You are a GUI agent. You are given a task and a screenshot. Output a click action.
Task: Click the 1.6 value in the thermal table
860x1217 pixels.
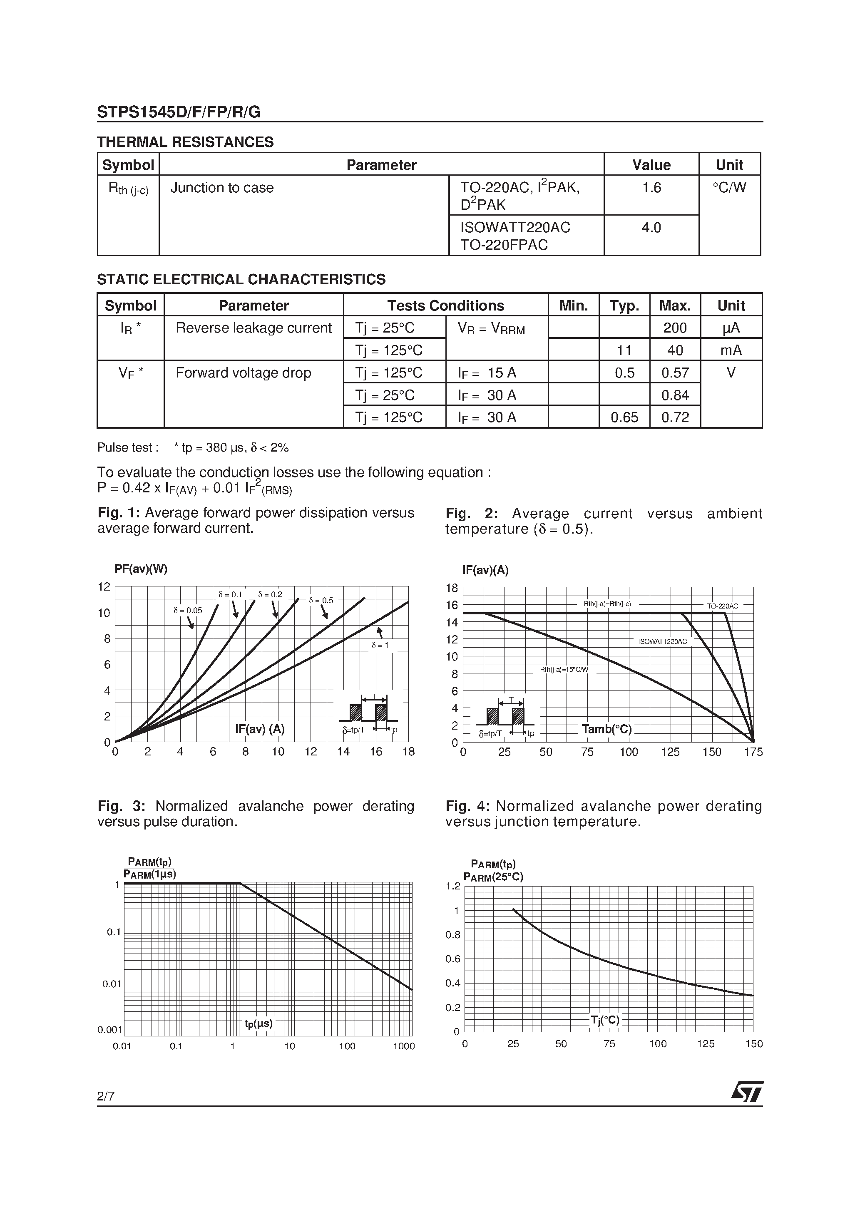[x=651, y=188]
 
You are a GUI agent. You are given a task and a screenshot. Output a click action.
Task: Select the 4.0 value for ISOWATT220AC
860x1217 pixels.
[x=651, y=228]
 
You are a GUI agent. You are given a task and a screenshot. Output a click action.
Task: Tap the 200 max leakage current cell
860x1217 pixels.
[x=675, y=328]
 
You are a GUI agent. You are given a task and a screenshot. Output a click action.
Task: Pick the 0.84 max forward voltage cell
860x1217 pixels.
[x=675, y=395]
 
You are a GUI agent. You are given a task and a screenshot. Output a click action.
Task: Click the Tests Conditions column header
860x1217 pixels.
[x=445, y=306]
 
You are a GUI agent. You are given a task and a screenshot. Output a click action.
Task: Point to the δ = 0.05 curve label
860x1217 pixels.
[x=188, y=611]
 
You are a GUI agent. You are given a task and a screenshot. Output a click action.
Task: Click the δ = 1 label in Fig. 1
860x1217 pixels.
[x=380, y=646]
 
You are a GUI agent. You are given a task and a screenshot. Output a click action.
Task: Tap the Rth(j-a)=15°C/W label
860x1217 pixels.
[x=564, y=669]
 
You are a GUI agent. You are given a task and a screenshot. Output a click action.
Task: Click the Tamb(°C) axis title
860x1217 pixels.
[x=606, y=729]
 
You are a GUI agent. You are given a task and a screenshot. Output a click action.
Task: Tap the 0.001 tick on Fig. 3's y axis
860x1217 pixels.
[x=110, y=1030]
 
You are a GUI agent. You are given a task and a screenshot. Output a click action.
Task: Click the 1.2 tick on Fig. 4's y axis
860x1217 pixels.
[x=453, y=886]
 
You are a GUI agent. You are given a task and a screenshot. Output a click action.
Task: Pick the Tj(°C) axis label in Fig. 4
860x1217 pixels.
[x=605, y=1020]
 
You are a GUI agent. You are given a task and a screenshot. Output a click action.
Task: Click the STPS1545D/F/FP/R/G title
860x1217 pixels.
[x=179, y=112]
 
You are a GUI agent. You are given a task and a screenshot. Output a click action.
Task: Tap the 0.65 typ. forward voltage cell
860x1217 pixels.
[x=624, y=418]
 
